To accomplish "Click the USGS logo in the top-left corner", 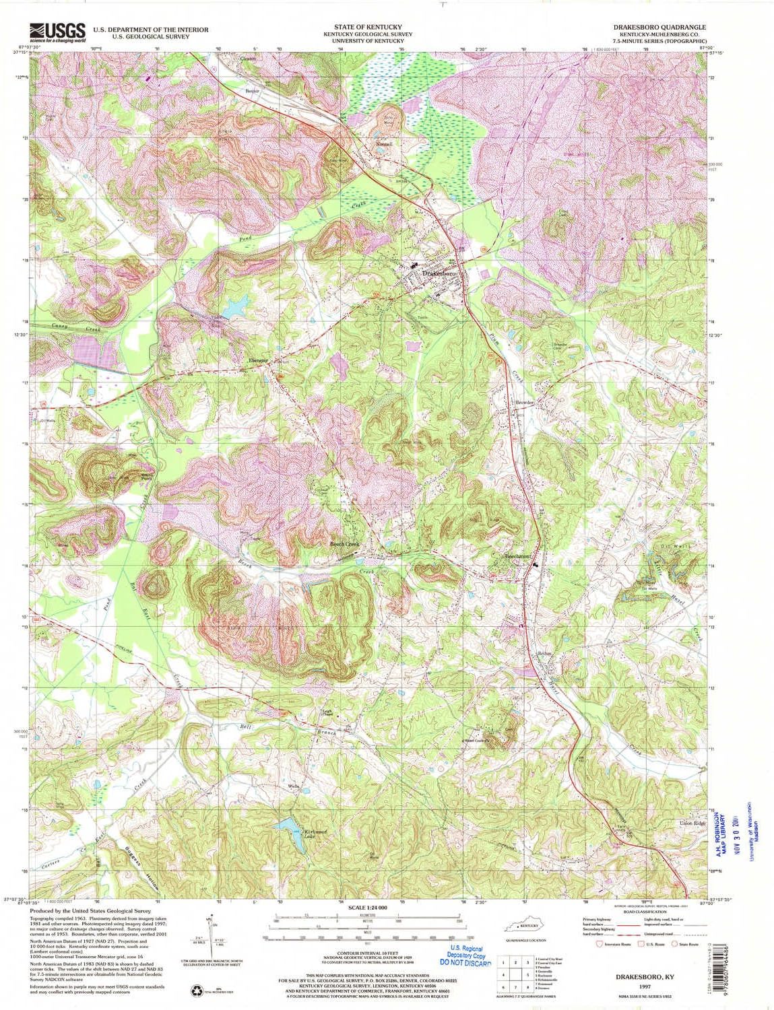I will (57, 32).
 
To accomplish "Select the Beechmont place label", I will (519, 556).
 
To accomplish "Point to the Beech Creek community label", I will (344, 543).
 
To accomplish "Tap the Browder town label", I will (524, 403).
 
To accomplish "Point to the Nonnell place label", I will (384, 144).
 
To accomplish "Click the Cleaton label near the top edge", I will (247, 59).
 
